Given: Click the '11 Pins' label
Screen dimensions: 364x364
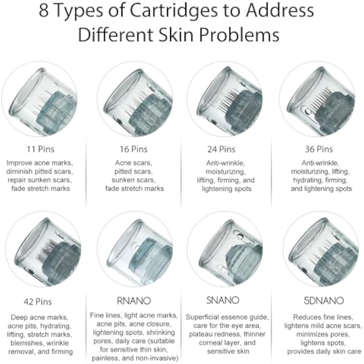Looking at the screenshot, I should (x=40, y=149).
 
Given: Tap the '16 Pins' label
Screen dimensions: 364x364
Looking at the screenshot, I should (x=133, y=149).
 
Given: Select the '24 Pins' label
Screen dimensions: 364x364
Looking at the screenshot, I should (x=221, y=149).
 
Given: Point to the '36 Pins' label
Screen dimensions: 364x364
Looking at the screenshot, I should (x=319, y=149).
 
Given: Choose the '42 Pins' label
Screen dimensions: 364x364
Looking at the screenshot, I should (x=38, y=302).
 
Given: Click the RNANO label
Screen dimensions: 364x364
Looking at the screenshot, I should (x=134, y=300).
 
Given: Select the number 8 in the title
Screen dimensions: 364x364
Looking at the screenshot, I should (x=44, y=11).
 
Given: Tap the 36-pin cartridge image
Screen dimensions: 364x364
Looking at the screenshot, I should (x=317, y=99).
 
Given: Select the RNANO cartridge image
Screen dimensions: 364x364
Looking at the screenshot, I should (x=135, y=249).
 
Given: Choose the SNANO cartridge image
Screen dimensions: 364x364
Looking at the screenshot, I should (x=225, y=249).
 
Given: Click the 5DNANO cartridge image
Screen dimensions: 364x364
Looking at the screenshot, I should (x=321, y=249).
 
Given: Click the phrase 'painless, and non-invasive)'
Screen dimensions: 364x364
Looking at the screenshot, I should (x=135, y=358).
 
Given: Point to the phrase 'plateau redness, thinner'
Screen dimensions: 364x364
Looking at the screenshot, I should (x=227, y=334).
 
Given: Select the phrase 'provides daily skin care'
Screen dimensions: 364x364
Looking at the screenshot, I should (x=324, y=351).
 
